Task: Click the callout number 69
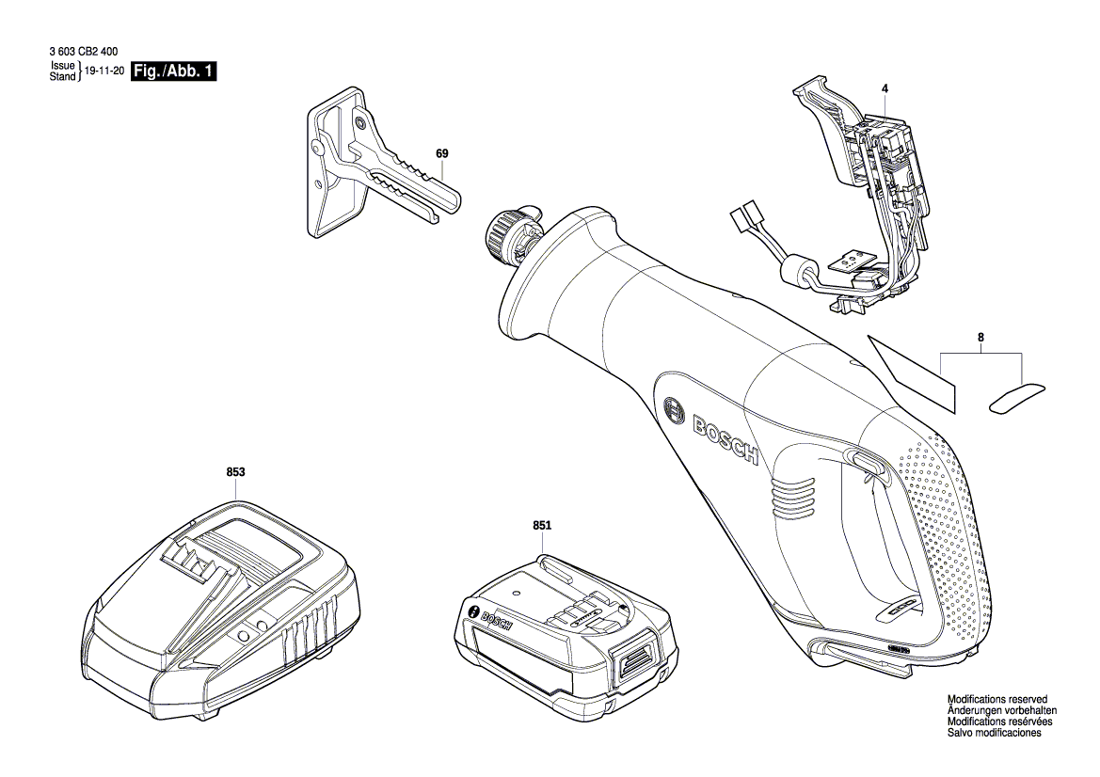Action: (441, 152)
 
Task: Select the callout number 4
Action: (885, 88)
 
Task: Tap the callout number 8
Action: (980, 336)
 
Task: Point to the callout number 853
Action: (234, 474)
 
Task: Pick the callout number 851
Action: (541, 527)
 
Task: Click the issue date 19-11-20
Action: (104, 71)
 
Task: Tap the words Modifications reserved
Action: (996, 701)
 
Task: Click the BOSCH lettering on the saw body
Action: (725, 439)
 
